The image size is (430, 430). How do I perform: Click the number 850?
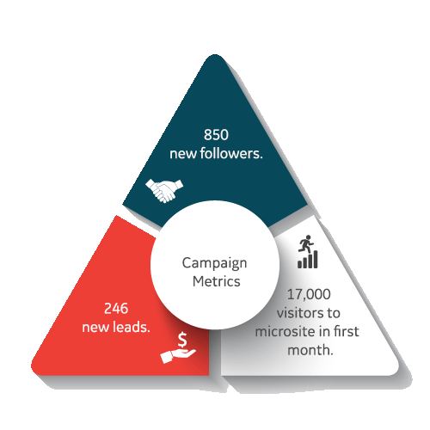pos(216,135)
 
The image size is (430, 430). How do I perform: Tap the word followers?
pos(231,153)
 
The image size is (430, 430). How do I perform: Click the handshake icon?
pos(164,191)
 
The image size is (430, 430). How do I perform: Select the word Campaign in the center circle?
pos(214,263)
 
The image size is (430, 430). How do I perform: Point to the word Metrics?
pos(217,281)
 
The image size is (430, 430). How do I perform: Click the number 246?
pos(116,309)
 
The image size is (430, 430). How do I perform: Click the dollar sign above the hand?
pos(182,340)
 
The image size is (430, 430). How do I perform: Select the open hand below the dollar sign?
pos(178,356)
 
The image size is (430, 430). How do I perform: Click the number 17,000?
pos(309,294)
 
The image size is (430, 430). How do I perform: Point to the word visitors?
pos(299,313)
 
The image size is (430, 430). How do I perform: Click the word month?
pos(310,350)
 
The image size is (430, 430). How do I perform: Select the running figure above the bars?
pos(306,244)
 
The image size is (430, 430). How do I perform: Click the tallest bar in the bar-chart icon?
pos(316,259)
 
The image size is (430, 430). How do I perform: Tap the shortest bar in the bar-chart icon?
pos(300,264)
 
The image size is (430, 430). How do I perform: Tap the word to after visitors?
pos(333,313)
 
